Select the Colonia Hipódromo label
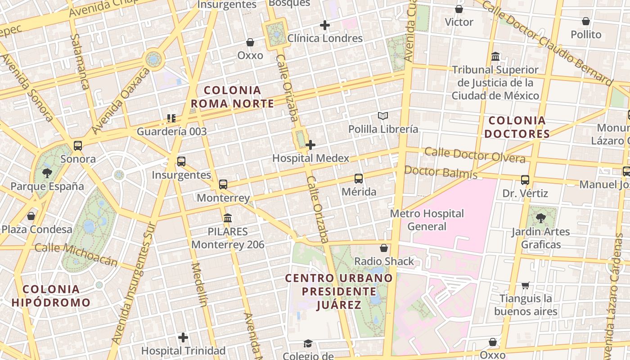[51, 296]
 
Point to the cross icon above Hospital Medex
[310, 145]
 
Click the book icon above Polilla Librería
[383, 116]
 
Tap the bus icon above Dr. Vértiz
[525, 180]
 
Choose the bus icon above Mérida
[359, 179]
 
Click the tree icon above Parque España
[47, 173]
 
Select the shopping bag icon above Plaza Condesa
[31, 216]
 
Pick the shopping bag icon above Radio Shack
[384, 248]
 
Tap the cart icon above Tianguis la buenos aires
[525, 285]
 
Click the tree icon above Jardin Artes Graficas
[540, 218]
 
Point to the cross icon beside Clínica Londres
[324, 25]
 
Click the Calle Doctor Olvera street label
[475, 155]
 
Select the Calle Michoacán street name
[76, 254]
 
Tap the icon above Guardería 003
[171, 118]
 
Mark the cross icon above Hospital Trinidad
[183, 337]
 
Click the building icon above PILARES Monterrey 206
[228, 218]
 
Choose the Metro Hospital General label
[427, 220]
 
